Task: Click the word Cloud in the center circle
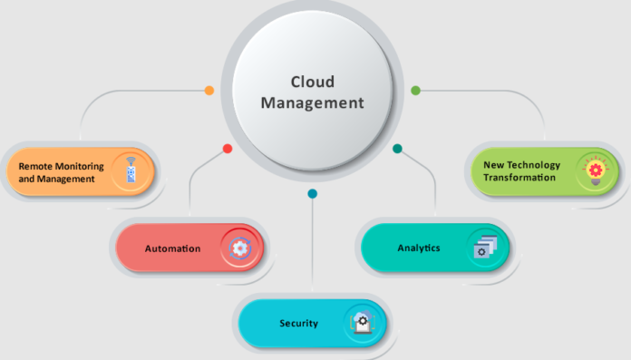point(311,81)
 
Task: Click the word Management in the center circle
point(312,102)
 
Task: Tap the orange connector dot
point(209,91)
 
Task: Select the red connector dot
point(228,149)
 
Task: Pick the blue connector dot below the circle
point(312,193)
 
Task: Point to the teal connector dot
point(397,149)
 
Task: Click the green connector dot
point(415,91)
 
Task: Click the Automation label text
point(172,248)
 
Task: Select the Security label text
point(298,324)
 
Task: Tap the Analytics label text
point(419,248)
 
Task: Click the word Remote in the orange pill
point(35,166)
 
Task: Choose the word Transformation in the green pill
point(519,178)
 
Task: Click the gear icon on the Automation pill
point(240,248)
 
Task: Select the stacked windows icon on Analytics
point(485,248)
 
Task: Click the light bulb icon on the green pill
point(595,170)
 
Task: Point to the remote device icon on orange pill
point(131,170)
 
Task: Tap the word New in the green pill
point(495,165)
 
